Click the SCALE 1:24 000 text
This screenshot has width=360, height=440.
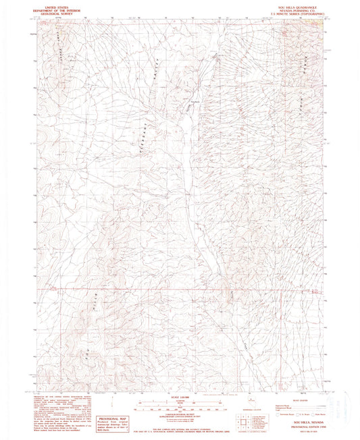[x=180, y=398]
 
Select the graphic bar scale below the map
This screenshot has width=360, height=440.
[x=180, y=408]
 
